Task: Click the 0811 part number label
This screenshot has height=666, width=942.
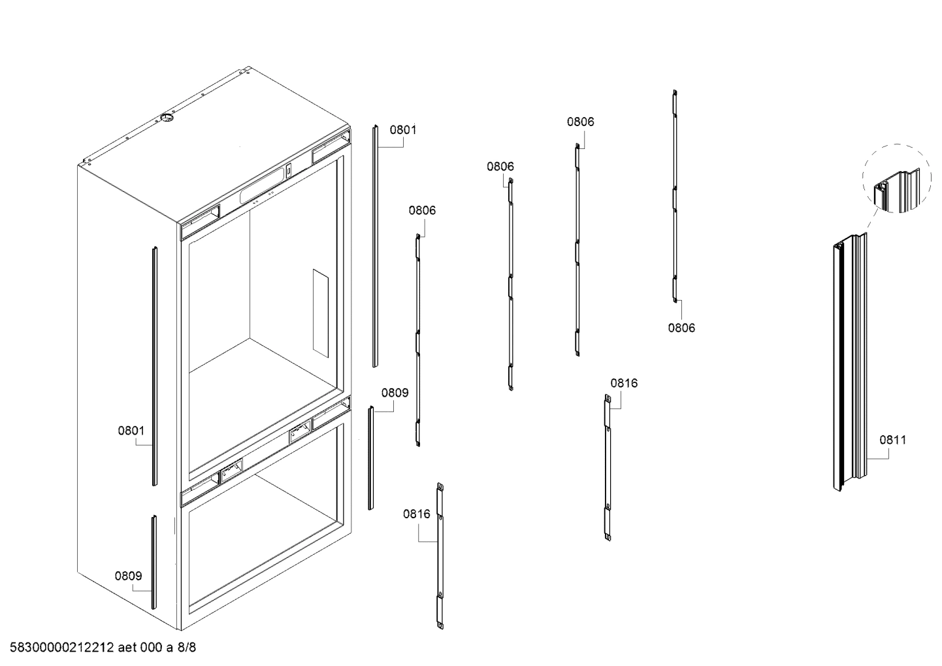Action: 892,440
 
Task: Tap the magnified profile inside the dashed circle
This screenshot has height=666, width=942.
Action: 896,188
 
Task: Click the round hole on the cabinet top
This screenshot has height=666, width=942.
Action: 166,118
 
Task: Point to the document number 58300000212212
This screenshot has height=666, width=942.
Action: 59,648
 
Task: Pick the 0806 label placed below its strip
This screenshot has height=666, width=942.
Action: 681,328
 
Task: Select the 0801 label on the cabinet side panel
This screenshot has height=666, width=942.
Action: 131,431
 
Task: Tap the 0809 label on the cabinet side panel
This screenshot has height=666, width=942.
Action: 129,576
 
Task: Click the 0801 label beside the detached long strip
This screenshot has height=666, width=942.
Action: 403,129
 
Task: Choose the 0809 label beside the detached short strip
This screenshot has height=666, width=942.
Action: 395,393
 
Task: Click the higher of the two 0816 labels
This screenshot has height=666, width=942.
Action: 624,383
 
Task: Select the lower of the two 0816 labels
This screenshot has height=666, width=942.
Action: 417,514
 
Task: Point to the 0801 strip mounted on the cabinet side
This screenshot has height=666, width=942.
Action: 154,366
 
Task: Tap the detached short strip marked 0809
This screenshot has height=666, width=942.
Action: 370,458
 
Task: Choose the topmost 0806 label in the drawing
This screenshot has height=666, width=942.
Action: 580,122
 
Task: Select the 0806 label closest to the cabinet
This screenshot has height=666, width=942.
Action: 422,210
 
